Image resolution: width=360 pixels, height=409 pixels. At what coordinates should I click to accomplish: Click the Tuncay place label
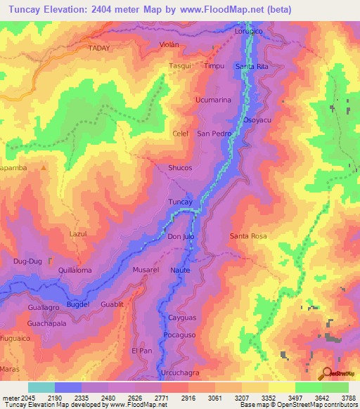(181, 202)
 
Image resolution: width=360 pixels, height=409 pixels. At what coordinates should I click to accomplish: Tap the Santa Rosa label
(248, 236)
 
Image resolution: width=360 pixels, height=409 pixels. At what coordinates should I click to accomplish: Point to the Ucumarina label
(213, 100)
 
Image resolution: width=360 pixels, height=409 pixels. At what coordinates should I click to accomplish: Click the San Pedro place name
(214, 134)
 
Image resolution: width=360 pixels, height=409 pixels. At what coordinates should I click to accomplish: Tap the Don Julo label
(181, 237)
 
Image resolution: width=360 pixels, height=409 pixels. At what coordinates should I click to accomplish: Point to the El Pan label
(141, 351)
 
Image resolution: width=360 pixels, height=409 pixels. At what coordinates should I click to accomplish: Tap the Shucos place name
(180, 168)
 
